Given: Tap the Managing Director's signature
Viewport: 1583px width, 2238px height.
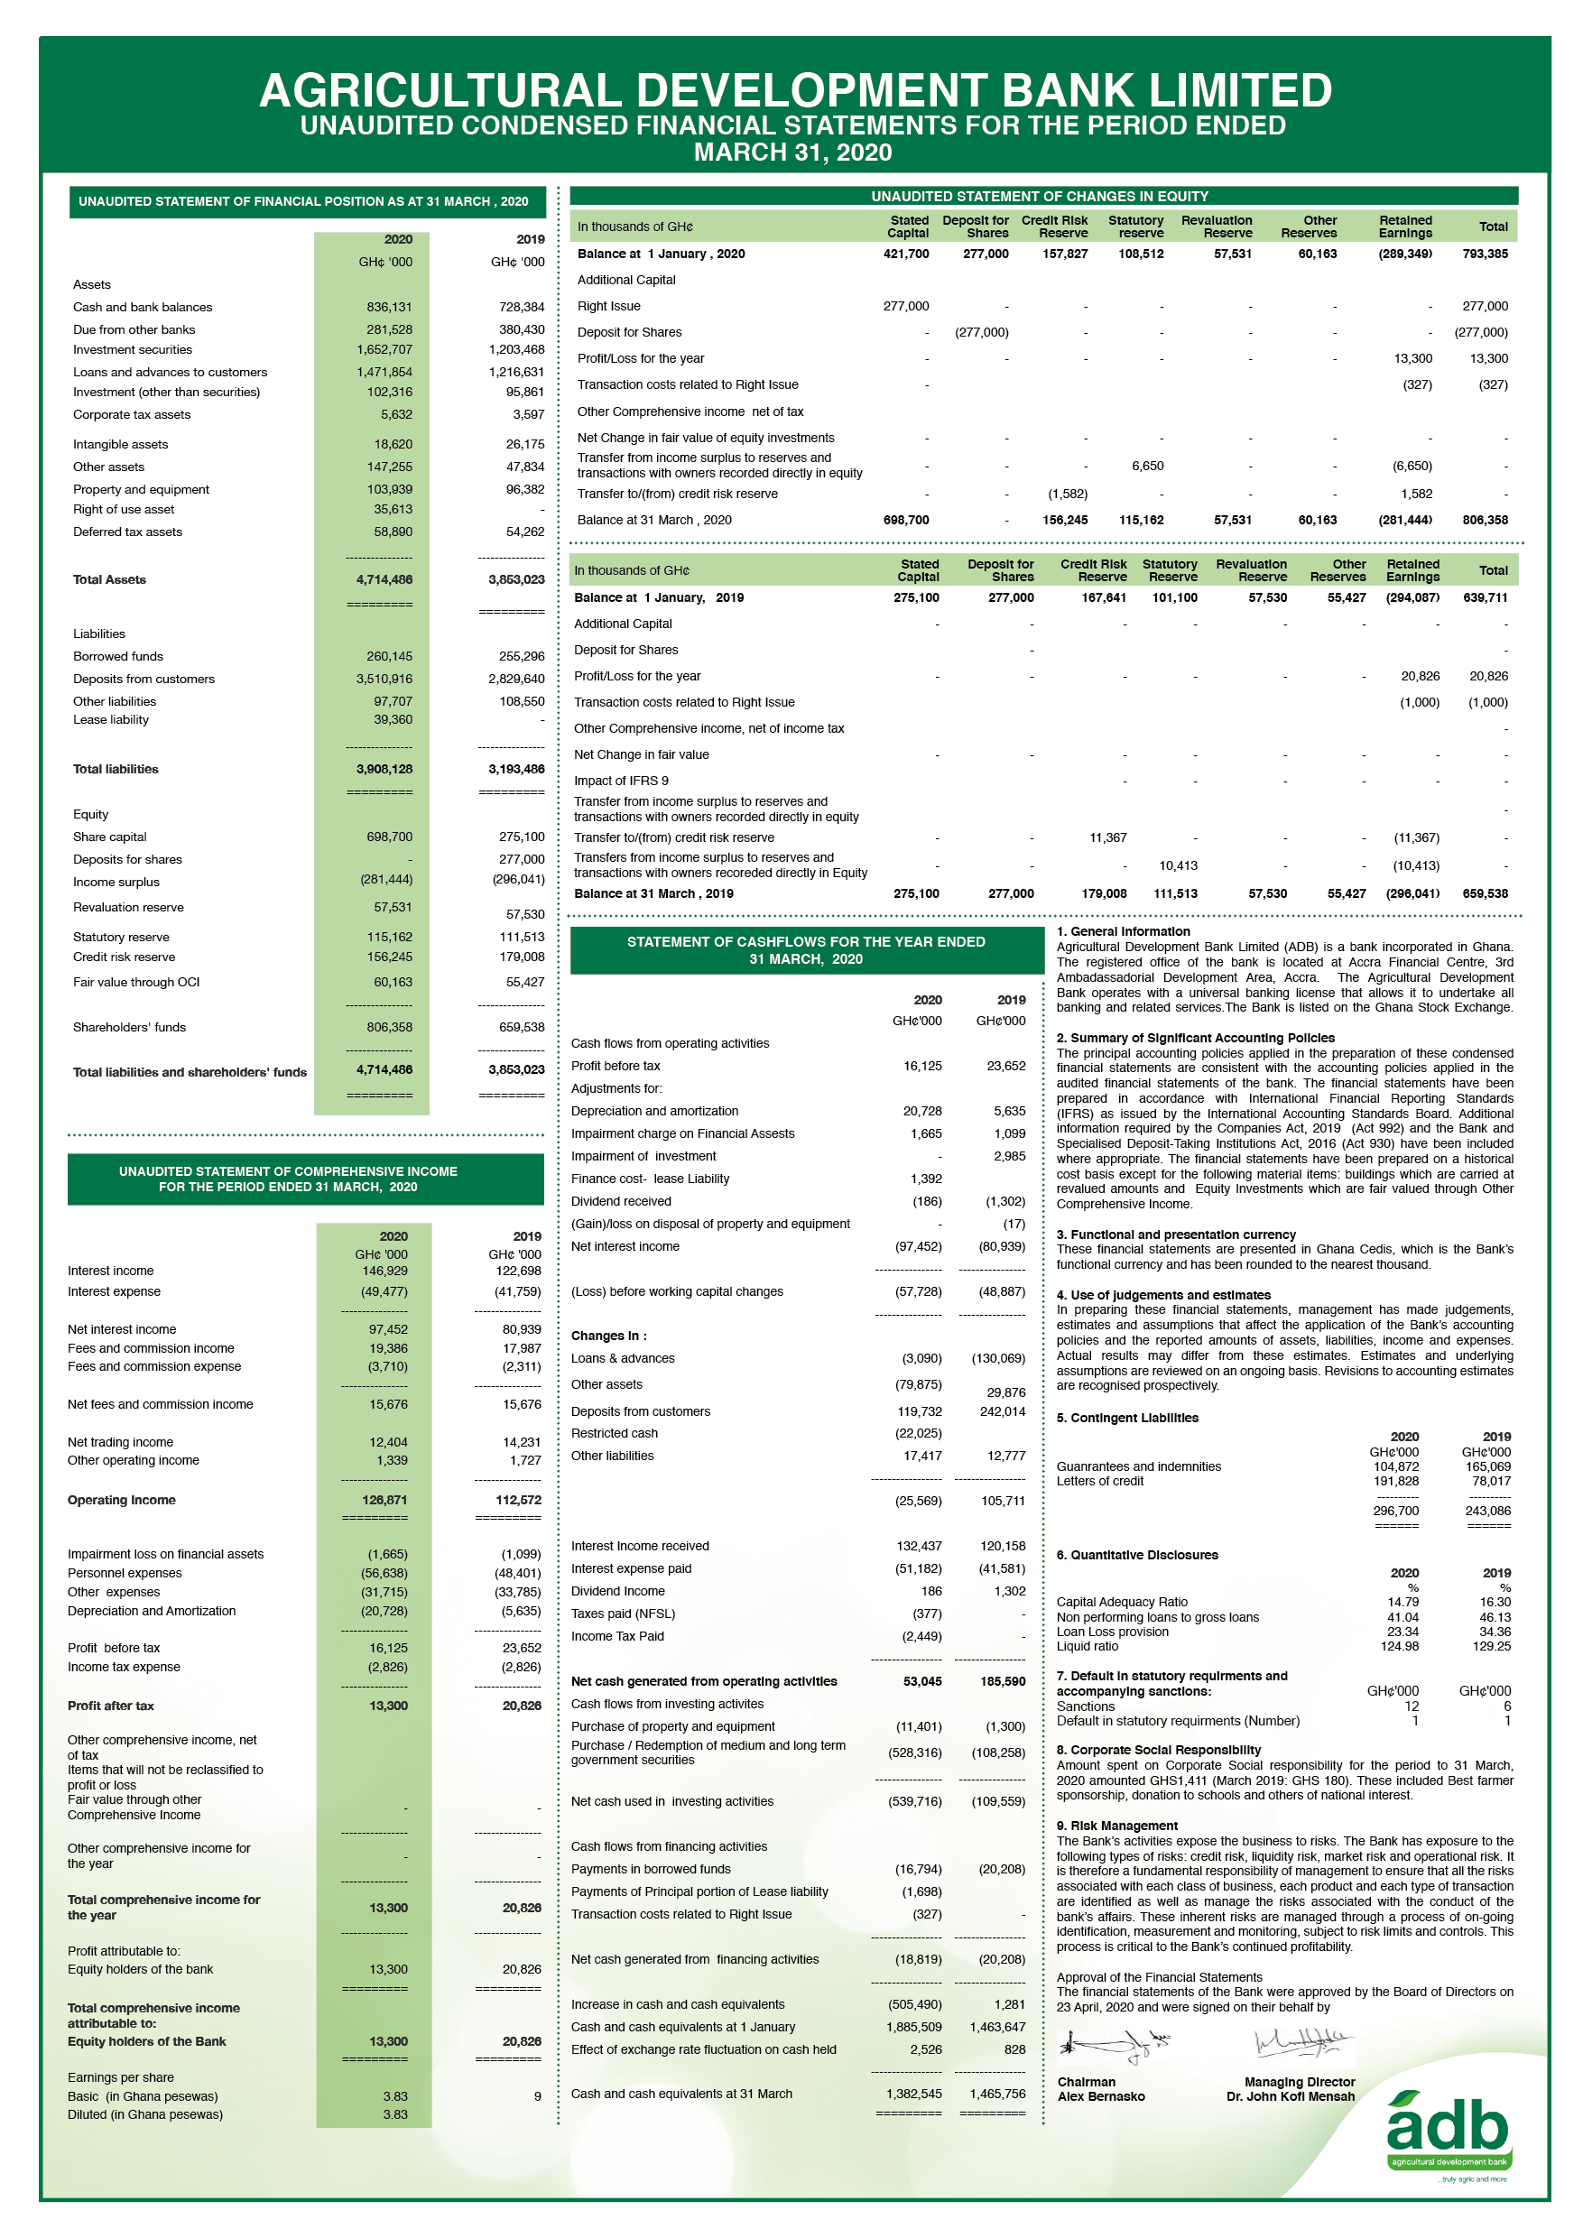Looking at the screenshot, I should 1302,2040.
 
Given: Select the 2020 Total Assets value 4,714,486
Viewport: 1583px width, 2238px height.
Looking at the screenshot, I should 384,580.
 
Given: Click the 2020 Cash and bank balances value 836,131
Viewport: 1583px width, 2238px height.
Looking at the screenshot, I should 389,307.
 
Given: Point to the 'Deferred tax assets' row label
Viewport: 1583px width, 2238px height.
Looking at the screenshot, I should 127,532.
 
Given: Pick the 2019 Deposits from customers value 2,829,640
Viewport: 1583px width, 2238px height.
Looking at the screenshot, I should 515,680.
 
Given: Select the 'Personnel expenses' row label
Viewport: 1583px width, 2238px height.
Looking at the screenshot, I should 125,1573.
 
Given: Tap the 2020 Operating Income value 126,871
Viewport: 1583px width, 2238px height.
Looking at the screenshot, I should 384,1500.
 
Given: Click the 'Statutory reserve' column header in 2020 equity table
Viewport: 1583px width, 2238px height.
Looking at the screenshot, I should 1135,227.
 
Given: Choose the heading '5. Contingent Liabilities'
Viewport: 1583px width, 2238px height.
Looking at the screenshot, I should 1127,1419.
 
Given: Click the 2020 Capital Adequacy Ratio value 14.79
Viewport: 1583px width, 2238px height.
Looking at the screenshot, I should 1402,1603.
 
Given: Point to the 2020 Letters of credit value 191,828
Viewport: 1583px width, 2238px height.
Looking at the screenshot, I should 1396,1482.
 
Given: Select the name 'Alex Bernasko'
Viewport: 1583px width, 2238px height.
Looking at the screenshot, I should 1101,2096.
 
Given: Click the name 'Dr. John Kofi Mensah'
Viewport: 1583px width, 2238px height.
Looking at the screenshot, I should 1291,2096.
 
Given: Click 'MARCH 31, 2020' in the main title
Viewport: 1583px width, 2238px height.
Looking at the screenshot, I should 792,153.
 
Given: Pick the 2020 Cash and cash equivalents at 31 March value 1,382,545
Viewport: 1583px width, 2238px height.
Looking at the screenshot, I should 913,2094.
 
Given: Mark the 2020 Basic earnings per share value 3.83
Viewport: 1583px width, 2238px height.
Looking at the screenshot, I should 394,2096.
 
